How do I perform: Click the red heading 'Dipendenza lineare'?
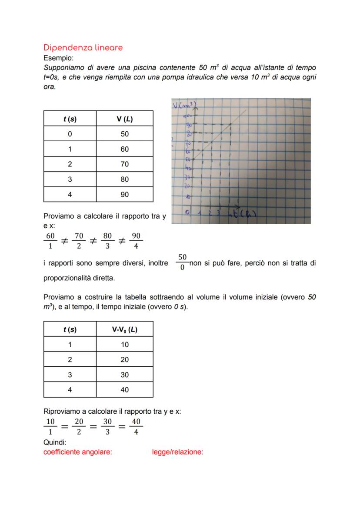83,47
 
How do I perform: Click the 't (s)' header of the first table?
70,119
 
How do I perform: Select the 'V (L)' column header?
124,119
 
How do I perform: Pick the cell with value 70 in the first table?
124,164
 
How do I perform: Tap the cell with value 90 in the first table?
124,195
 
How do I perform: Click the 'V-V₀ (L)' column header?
124,329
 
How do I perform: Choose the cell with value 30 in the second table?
124,375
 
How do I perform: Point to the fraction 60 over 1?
50,241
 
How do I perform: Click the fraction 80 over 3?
107,241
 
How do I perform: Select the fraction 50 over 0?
182,262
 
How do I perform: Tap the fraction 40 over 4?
136,427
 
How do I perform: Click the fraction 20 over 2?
79,427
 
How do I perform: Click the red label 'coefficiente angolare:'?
78,452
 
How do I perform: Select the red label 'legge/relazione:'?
177,452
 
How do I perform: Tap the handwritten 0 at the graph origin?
187,212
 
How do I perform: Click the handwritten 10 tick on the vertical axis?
188,196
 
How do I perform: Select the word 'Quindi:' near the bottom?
55,442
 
